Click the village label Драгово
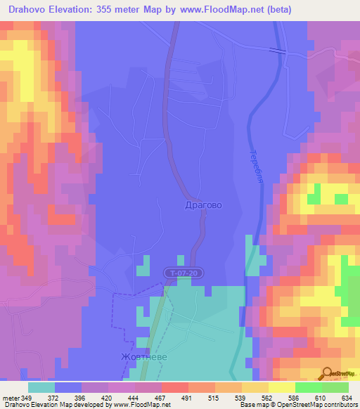tap(202, 205)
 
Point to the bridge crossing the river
tap(278, 51)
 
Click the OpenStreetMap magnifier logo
tap(328, 372)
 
